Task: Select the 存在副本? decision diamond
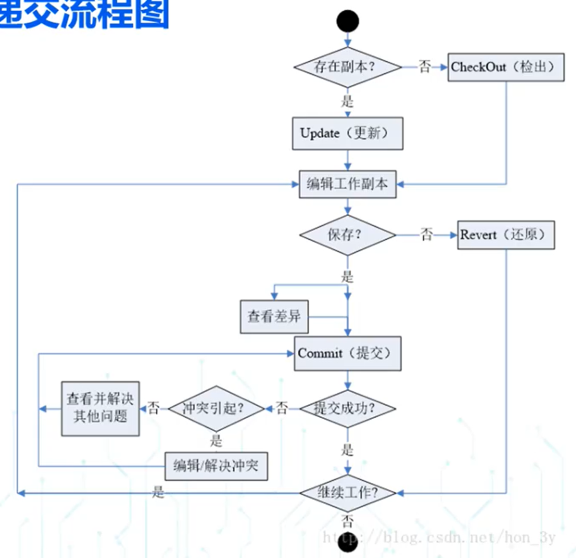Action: tap(347, 67)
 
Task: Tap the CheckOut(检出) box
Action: tap(505, 67)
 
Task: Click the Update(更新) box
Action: tap(347, 134)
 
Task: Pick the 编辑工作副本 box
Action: tap(347, 184)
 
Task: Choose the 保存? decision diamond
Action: tap(347, 235)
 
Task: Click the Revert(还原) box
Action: tap(506, 235)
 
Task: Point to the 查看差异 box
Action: tap(274, 316)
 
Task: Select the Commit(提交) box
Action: tap(347, 353)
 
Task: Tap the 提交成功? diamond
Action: tap(347, 408)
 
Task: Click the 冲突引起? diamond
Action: tap(216, 408)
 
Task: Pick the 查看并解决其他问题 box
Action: tap(100, 408)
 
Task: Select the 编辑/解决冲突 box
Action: tap(216, 466)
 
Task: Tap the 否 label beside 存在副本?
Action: tap(425, 67)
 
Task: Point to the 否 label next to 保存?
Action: tap(427, 235)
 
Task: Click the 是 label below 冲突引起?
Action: tap(216, 441)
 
